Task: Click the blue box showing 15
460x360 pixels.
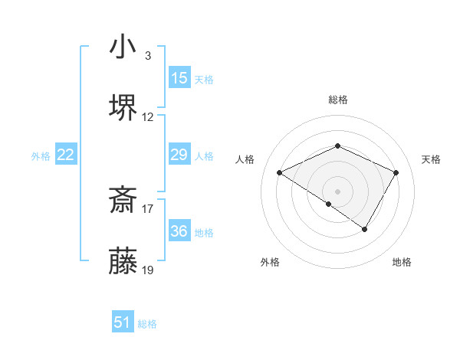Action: (x=179, y=78)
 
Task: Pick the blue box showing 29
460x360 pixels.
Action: (x=179, y=155)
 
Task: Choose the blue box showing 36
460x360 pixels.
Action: (x=179, y=231)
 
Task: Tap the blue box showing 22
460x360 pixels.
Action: (x=66, y=155)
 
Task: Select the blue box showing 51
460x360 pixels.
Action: (x=123, y=322)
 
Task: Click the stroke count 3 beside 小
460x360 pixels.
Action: (x=147, y=55)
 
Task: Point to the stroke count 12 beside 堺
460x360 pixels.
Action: (x=148, y=117)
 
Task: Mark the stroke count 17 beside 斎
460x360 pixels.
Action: (x=148, y=208)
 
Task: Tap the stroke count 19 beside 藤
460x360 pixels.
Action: (x=148, y=270)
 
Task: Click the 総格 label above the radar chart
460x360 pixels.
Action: (x=337, y=100)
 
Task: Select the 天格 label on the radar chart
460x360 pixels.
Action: (x=431, y=159)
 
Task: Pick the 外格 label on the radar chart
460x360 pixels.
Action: (x=270, y=262)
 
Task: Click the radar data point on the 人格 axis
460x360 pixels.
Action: (x=280, y=173)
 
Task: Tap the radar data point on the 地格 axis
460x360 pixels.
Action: (x=365, y=229)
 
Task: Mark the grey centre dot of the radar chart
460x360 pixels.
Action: (x=337, y=190)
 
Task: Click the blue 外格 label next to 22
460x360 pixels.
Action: (x=41, y=155)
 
